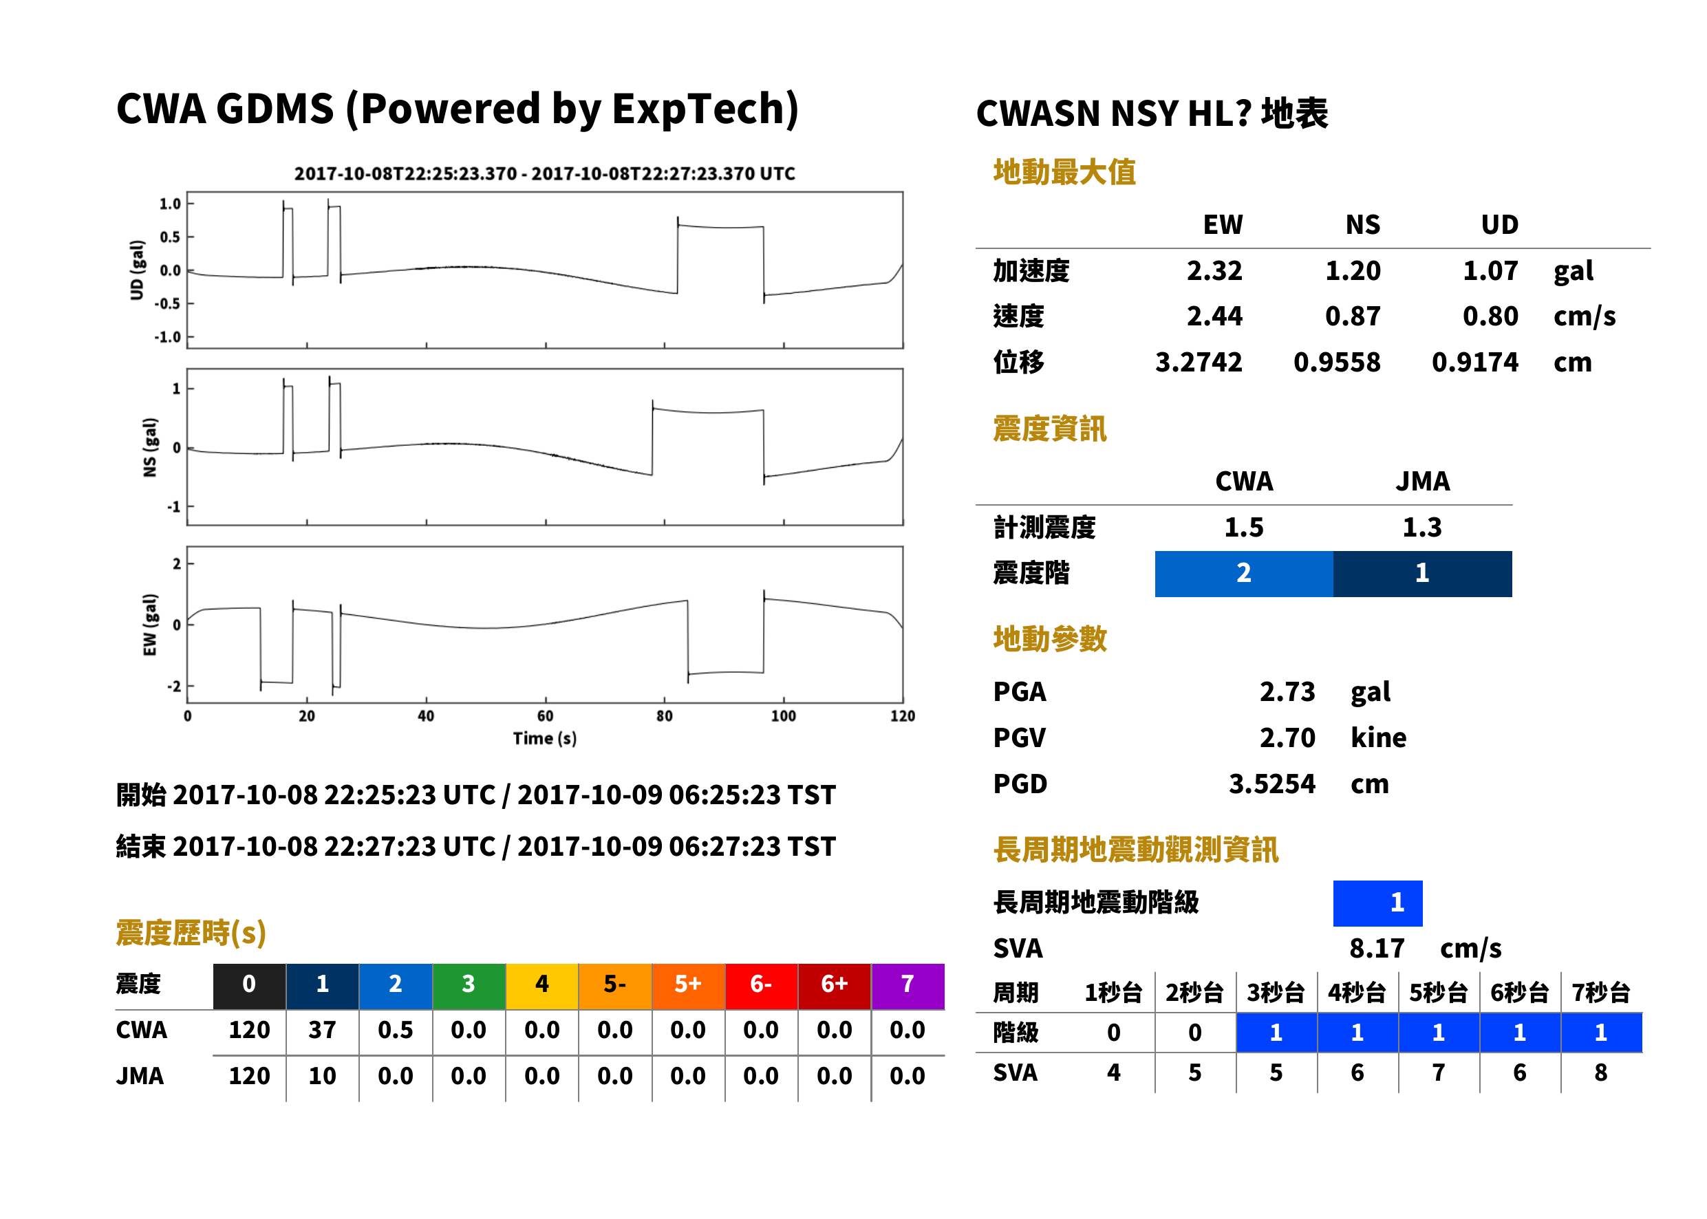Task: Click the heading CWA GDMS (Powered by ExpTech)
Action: [x=457, y=109]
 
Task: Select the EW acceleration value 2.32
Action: [x=1214, y=270]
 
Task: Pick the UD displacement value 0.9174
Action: [x=1474, y=362]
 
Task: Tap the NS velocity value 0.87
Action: [x=1353, y=316]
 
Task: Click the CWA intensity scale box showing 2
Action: [x=1244, y=574]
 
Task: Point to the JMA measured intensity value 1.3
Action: [x=1421, y=527]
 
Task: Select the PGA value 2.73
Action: [x=1287, y=691]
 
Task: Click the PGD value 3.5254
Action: [x=1271, y=784]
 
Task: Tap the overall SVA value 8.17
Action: [x=1377, y=948]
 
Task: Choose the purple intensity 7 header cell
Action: [x=908, y=986]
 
